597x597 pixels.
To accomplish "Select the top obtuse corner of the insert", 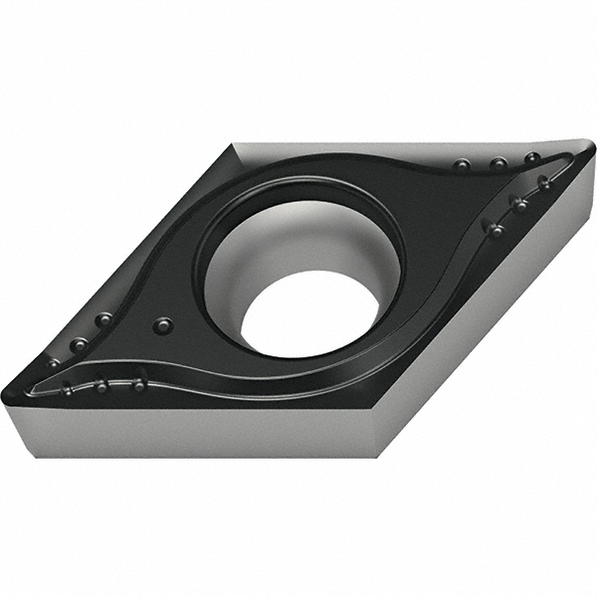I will tap(235, 145).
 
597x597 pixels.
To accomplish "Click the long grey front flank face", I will tap(199, 434).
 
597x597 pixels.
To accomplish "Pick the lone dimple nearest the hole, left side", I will tap(162, 325).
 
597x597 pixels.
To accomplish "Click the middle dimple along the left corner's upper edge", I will tap(78, 344).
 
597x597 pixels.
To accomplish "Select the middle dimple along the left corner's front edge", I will tap(100, 385).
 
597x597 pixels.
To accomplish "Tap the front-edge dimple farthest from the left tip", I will tap(140, 383).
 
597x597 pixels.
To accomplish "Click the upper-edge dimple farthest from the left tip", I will tap(102, 319).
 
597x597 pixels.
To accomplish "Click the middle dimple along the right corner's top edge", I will tap(497, 163).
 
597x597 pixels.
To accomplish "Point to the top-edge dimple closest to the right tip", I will tap(532, 158).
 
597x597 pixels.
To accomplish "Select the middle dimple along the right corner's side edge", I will tap(518, 204).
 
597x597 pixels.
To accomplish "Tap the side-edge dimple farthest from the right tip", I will tap(495, 230).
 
